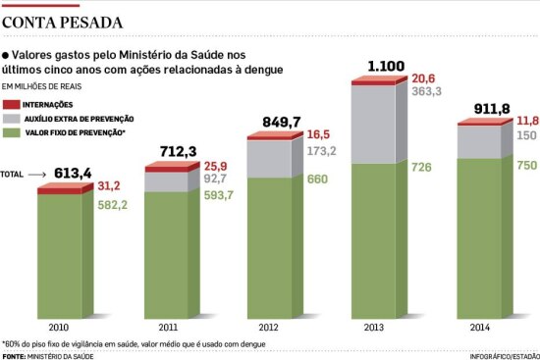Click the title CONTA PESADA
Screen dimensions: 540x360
(x=62, y=23)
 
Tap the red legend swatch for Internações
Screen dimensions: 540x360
(x=12, y=105)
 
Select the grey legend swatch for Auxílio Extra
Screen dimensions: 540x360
(x=12, y=119)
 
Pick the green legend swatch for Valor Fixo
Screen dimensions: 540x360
(x=12, y=132)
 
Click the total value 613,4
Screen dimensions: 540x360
(x=73, y=173)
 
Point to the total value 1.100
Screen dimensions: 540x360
(x=386, y=66)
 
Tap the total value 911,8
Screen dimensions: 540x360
(x=492, y=109)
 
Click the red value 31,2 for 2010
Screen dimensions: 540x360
(x=109, y=186)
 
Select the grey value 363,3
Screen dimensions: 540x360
(x=427, y=91)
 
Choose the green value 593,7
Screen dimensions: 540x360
(x=219, y=195)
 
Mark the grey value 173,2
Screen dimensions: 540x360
(x=322, y=151)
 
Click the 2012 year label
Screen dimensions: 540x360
(x=269, y=327)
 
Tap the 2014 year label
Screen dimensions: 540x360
(x=480, y=327)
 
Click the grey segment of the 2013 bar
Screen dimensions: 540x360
(x=374, y=124)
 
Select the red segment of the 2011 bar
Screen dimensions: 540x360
(x=167, y=170)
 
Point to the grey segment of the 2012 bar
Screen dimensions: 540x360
(x=270, y=159)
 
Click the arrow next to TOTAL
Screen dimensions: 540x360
(x=37, y=175)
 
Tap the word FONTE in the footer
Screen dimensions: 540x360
(x=14, y=356)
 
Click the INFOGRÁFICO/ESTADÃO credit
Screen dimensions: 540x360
(x=505, y=356)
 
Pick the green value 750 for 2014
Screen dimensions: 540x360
(x=527, y=165)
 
